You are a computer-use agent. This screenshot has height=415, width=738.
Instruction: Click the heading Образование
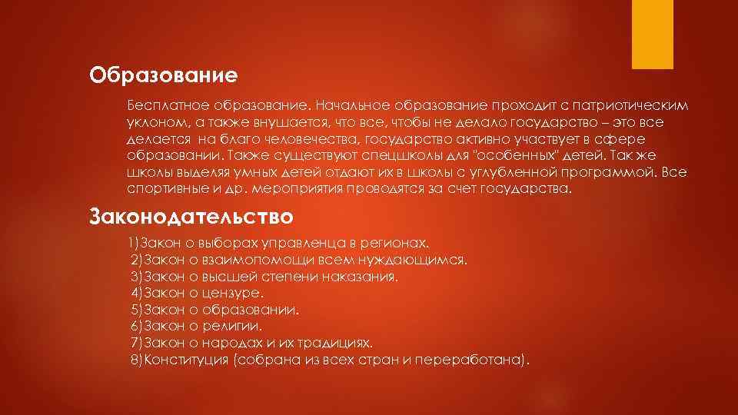(163, 75)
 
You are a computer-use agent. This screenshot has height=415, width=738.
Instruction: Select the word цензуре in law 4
(233, 293)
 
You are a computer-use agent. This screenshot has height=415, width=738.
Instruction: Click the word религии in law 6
(229, 326)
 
